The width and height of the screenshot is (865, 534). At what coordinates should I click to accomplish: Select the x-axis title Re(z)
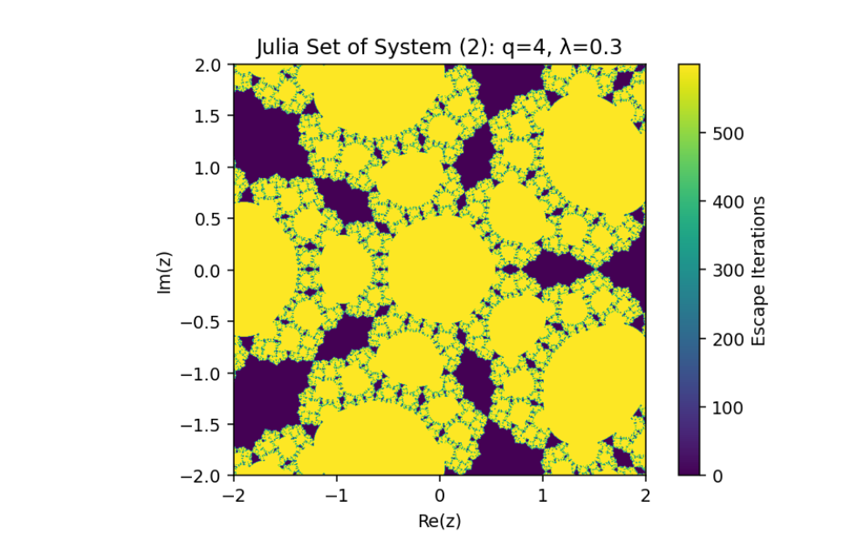point(439,521)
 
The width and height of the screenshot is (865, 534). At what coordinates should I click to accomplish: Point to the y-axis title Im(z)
point(164,270)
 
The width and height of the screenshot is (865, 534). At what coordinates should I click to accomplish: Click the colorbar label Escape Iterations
point(759,270)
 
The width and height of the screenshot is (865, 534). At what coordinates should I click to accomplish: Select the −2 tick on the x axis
point(234,495)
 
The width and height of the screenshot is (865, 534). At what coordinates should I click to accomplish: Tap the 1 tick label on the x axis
point(542,495)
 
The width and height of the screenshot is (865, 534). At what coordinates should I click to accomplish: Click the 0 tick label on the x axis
point(439,495)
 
